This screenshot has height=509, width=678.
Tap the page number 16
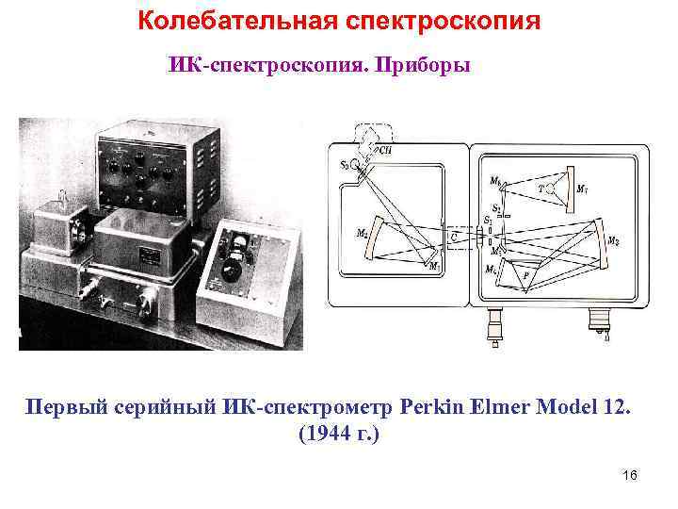pyautogui.click(x=630, y=474)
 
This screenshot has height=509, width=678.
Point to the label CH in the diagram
pyautogui.click(x=385, y=149)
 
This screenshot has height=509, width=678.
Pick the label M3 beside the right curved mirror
pyautogui.click(x=613, y=241)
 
